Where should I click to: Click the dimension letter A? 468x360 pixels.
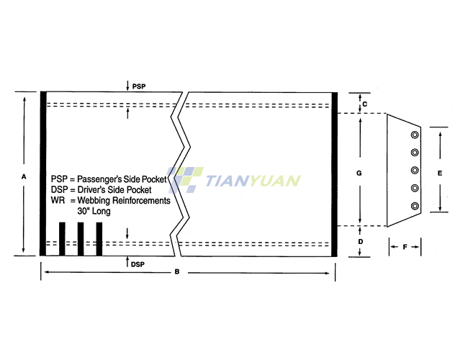click(24, 176)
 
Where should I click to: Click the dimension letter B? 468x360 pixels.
click(177, 271)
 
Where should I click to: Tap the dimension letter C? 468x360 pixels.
click(365, 104)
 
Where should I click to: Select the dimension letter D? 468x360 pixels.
click(361, 241)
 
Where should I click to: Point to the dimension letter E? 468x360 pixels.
click(440, 173)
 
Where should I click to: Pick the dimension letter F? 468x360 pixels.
click(405, 247)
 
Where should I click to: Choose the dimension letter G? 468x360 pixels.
click(359, 173)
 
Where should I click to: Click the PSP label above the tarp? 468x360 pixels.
click(139, 86)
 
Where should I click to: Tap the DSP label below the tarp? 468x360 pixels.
click(138, 264)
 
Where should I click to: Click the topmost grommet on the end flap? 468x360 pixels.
click(415, 135)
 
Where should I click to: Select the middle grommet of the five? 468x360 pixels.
click(415, 171)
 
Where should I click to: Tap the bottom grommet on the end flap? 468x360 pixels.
click(415, 206)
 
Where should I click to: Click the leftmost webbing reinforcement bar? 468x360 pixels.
click(62, 239)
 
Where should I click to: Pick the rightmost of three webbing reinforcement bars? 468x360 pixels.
click(99, 239)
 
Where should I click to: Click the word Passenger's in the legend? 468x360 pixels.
click(99, 179)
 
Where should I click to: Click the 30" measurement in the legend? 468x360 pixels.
click(83, 211)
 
